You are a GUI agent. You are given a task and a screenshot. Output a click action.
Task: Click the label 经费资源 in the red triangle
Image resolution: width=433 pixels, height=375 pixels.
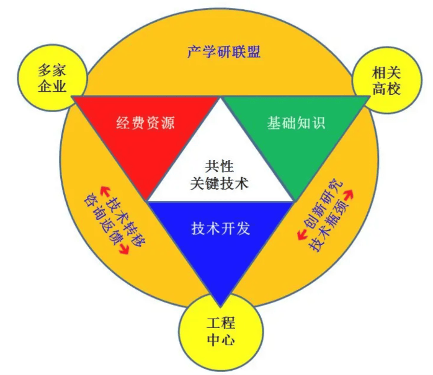[146, 122]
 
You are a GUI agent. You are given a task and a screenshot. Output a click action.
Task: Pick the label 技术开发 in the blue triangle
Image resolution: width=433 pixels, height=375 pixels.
[221, 227]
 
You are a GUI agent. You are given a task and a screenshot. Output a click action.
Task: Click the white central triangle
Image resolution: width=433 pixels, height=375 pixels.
[221, 174]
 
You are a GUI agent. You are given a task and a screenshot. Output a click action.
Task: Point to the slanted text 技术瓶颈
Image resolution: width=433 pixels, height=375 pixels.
[331, 226]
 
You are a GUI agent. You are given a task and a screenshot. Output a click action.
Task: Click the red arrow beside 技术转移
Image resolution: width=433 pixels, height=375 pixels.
[110, 188]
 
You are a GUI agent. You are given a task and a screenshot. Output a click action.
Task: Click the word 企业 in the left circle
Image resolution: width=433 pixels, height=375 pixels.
[51, 86]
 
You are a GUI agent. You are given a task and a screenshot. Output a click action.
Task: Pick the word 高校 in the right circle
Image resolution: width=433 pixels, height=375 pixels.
[386, 89]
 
